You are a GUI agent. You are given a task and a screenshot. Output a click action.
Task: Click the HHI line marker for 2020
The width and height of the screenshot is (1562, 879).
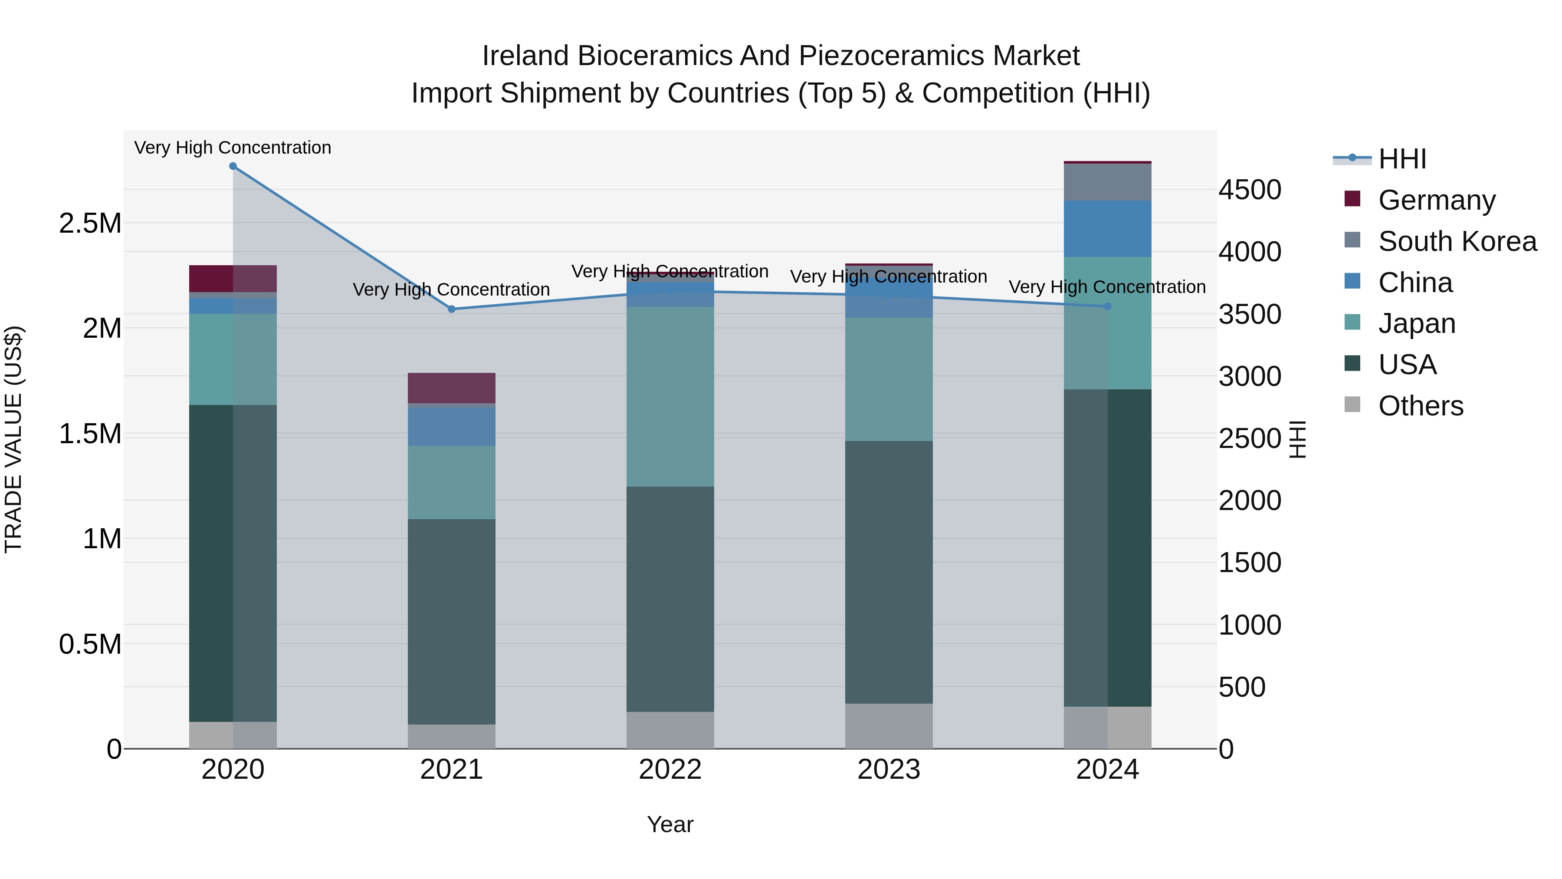pyautogui.click(x=233, y=166)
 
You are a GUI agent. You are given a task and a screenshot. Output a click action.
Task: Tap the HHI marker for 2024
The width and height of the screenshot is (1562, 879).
pyautogui.click(x=1107, y=306)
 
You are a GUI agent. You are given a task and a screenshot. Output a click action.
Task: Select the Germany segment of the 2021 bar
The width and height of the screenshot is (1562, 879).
pyautogui.click(x=451, y=388)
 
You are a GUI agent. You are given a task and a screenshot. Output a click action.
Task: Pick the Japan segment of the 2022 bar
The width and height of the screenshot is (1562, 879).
pyautogui.click(x=670, y=396)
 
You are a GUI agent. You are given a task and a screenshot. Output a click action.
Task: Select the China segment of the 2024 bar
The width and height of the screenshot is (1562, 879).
pyautogui.click(x=1107, y=229)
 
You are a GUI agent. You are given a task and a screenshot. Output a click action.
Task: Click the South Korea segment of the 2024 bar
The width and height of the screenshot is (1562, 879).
pyautogui.click(x=1107, y=182)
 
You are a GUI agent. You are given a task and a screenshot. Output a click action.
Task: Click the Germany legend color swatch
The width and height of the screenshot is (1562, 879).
pyautogui.click(x=1352, y=198)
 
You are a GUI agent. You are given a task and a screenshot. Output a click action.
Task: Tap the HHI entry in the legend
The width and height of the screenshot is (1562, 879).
pyautogui.click(x=1402, y=159)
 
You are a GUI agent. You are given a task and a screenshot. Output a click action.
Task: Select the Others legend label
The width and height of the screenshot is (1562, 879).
pyautogui.click(x=1421, y=406)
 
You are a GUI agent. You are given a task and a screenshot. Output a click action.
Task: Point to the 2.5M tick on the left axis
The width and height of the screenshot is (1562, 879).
pyautogui.click(x=90, y=223)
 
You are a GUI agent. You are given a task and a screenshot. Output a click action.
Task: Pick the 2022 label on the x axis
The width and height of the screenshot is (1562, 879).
pyautogui.click(x=670, y=770)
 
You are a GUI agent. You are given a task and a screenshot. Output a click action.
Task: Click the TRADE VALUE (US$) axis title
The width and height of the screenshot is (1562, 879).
pyautogui.click(x=13, y=439)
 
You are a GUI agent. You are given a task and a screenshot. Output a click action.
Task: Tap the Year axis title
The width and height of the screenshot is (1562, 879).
pyautogui.click(x=670, y=824)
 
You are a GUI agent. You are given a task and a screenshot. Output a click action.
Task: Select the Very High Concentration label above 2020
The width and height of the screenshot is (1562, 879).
pyautogui.click(x=233, y=148)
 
